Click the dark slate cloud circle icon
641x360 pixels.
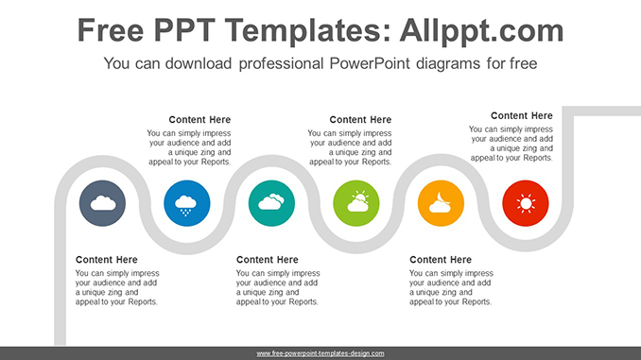tap(102, 202)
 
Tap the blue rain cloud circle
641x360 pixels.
tap(187, 202)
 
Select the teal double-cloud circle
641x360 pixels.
tap(271, 202)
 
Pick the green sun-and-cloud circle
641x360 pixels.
tap(356, 202)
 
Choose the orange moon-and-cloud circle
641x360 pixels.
tap(441, 202)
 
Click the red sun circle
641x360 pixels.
tap(526, 202)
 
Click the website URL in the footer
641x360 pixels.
tap(320, 353)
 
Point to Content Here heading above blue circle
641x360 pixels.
tap(200, 120)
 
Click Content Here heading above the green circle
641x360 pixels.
tap(360, 120)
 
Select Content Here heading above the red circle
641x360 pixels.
tap(522, 115)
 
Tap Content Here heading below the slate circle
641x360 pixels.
tap(107, 260)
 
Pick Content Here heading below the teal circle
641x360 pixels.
tap(268, 260)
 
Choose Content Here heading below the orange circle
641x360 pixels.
tap(441, 260)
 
